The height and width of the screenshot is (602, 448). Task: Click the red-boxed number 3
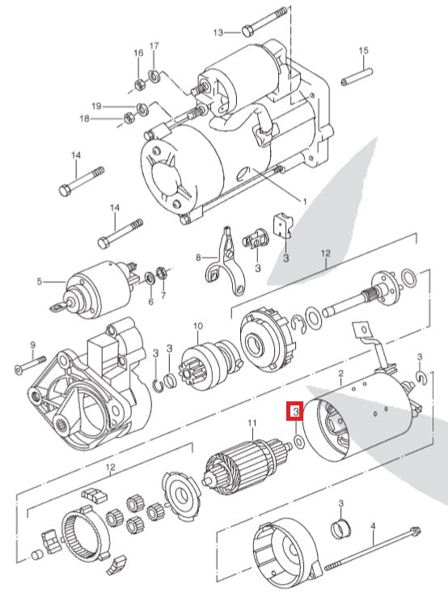tap(297, 413)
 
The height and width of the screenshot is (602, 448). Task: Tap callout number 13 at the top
tap(218, 32)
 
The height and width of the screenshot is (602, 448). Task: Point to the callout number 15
tap(363, 51)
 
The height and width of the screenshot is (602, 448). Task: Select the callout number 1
tap(304, 200)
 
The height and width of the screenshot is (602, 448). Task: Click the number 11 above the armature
tap(251, 423)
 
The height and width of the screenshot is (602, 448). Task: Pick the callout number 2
tap(341, 373)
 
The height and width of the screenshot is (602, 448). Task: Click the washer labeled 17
tap(154, 76)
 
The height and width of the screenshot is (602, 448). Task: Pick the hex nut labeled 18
tap(128, 120)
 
